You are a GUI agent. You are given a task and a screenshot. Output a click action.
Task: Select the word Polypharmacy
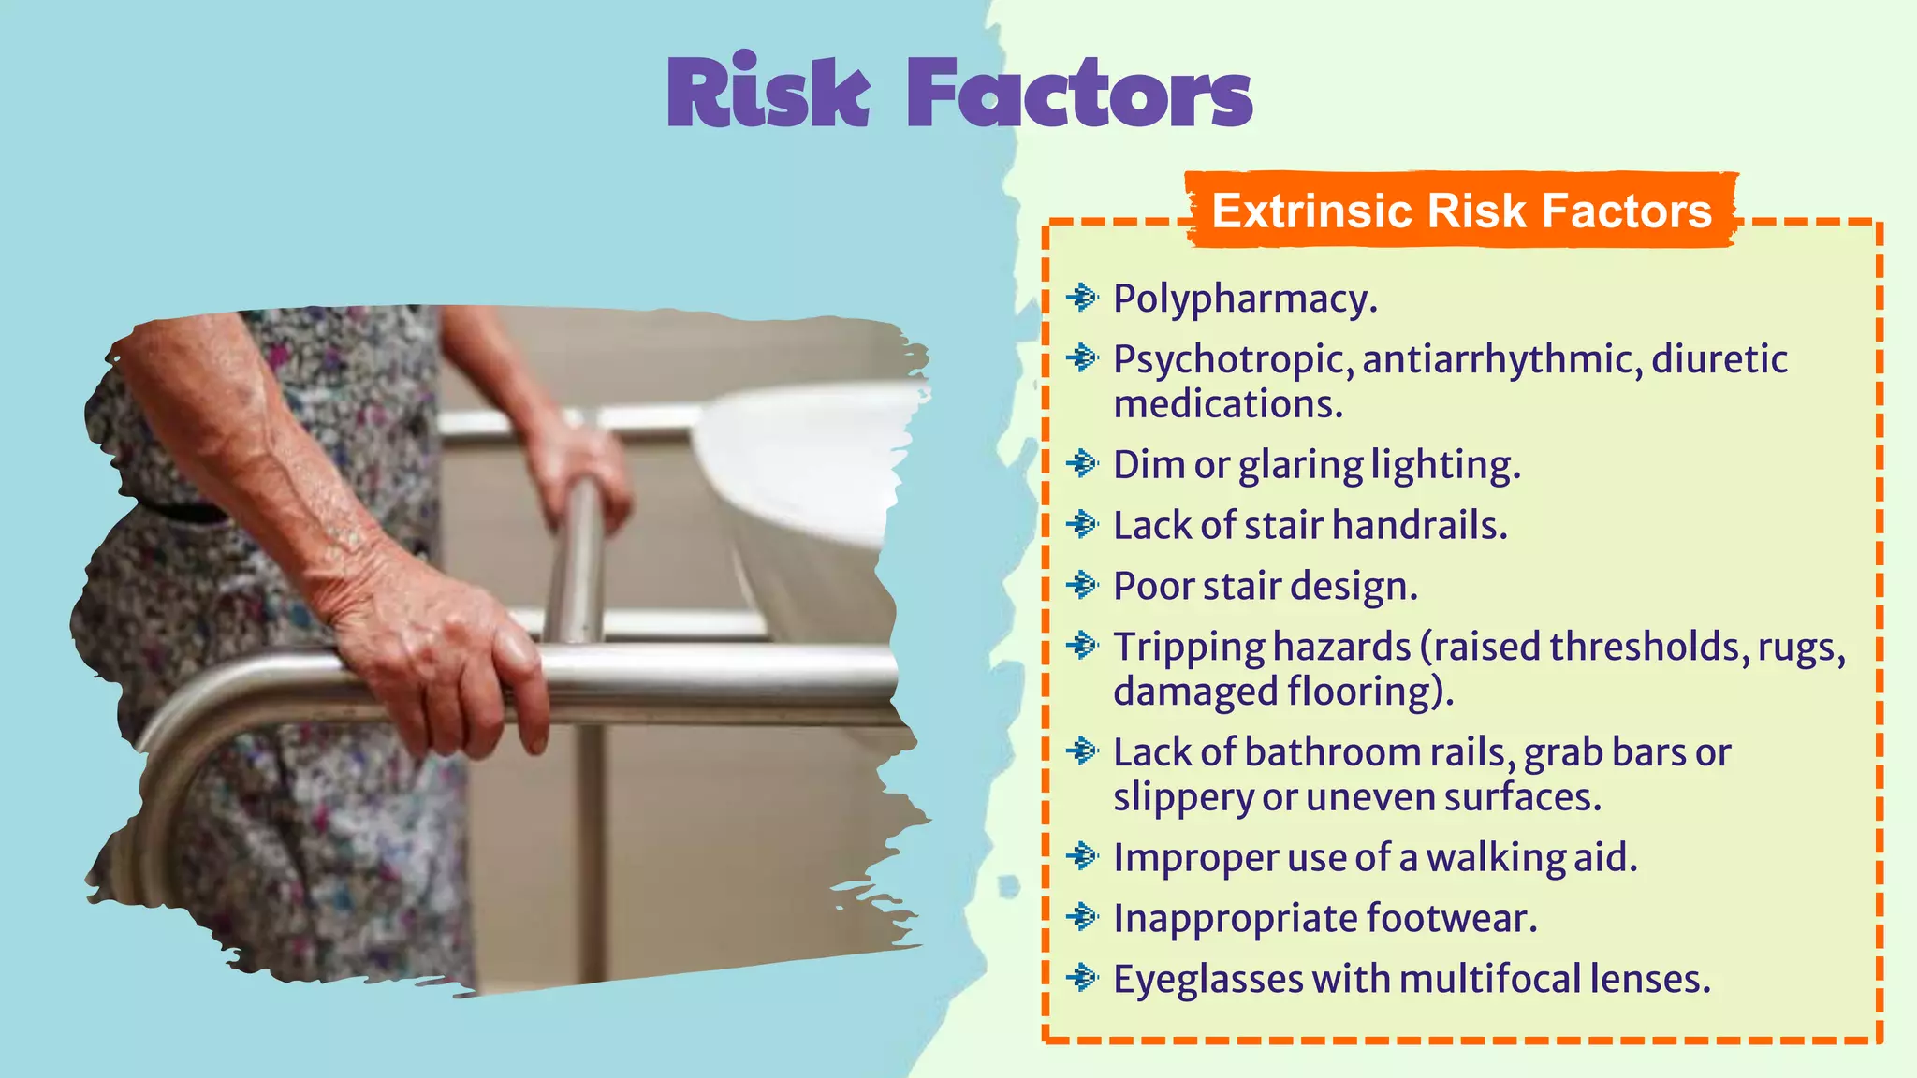(x=1245, y=299)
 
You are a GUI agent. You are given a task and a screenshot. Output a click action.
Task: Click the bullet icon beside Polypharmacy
(x=1082, y=298)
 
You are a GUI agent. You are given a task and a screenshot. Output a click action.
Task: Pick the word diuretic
(x=1719, y=359)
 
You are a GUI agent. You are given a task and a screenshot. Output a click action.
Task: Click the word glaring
(x=1300, y=465)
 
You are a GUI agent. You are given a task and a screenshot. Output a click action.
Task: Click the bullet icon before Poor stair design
(x=1082, y=585)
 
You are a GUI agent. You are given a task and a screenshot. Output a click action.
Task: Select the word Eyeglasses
(x=1207, y=981)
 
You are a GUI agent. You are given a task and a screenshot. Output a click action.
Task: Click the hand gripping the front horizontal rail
(x=440, y=655)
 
